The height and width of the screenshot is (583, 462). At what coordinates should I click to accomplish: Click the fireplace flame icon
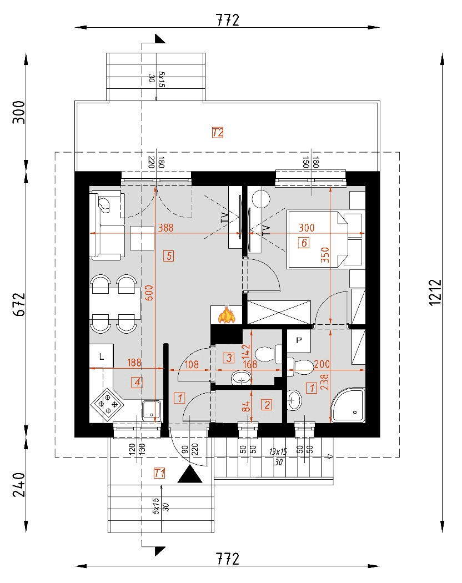click(226, 315)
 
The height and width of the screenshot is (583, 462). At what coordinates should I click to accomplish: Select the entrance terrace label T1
click(159, 473)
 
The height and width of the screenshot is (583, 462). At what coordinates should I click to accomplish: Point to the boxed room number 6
click(303, 242)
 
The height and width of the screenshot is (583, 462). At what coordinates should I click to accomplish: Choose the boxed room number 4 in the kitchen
click(137, 381)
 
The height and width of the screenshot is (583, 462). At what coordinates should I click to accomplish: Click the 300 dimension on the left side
click(19, 113)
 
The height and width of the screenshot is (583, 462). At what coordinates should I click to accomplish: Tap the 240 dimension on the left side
click(19, 484)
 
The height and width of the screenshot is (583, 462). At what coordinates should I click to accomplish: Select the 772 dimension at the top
click(228, 21)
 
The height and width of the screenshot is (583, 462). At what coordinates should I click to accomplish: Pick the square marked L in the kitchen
click(102, 356)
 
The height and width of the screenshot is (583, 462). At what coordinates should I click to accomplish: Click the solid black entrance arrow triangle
click(192, 475)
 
